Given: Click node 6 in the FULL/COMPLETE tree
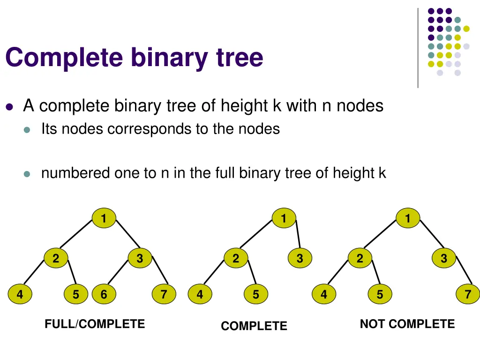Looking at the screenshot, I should [x=104, y=295].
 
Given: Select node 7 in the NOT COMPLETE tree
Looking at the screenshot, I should [x=467, y=295].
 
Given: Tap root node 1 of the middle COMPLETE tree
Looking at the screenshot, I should [x=283, y=218].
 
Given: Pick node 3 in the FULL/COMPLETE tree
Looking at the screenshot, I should [x=140, y=258].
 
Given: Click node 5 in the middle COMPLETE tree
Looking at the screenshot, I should [x=255, y=295].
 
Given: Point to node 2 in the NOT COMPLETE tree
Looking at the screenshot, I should [x=360, y=258].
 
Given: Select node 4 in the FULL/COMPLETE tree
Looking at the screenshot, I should [x=20, y=295].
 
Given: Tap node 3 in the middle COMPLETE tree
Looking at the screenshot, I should [x=300, y=258].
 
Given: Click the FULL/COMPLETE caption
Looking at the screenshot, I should [x=95, y=324].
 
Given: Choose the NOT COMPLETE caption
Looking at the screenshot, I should [x=407, y=324].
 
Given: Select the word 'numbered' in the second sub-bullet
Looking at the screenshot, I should [x=75, y=173].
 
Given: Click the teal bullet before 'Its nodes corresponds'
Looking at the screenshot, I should [x=27, y=129].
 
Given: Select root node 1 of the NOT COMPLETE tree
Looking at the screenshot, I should [x=407, y=218].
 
